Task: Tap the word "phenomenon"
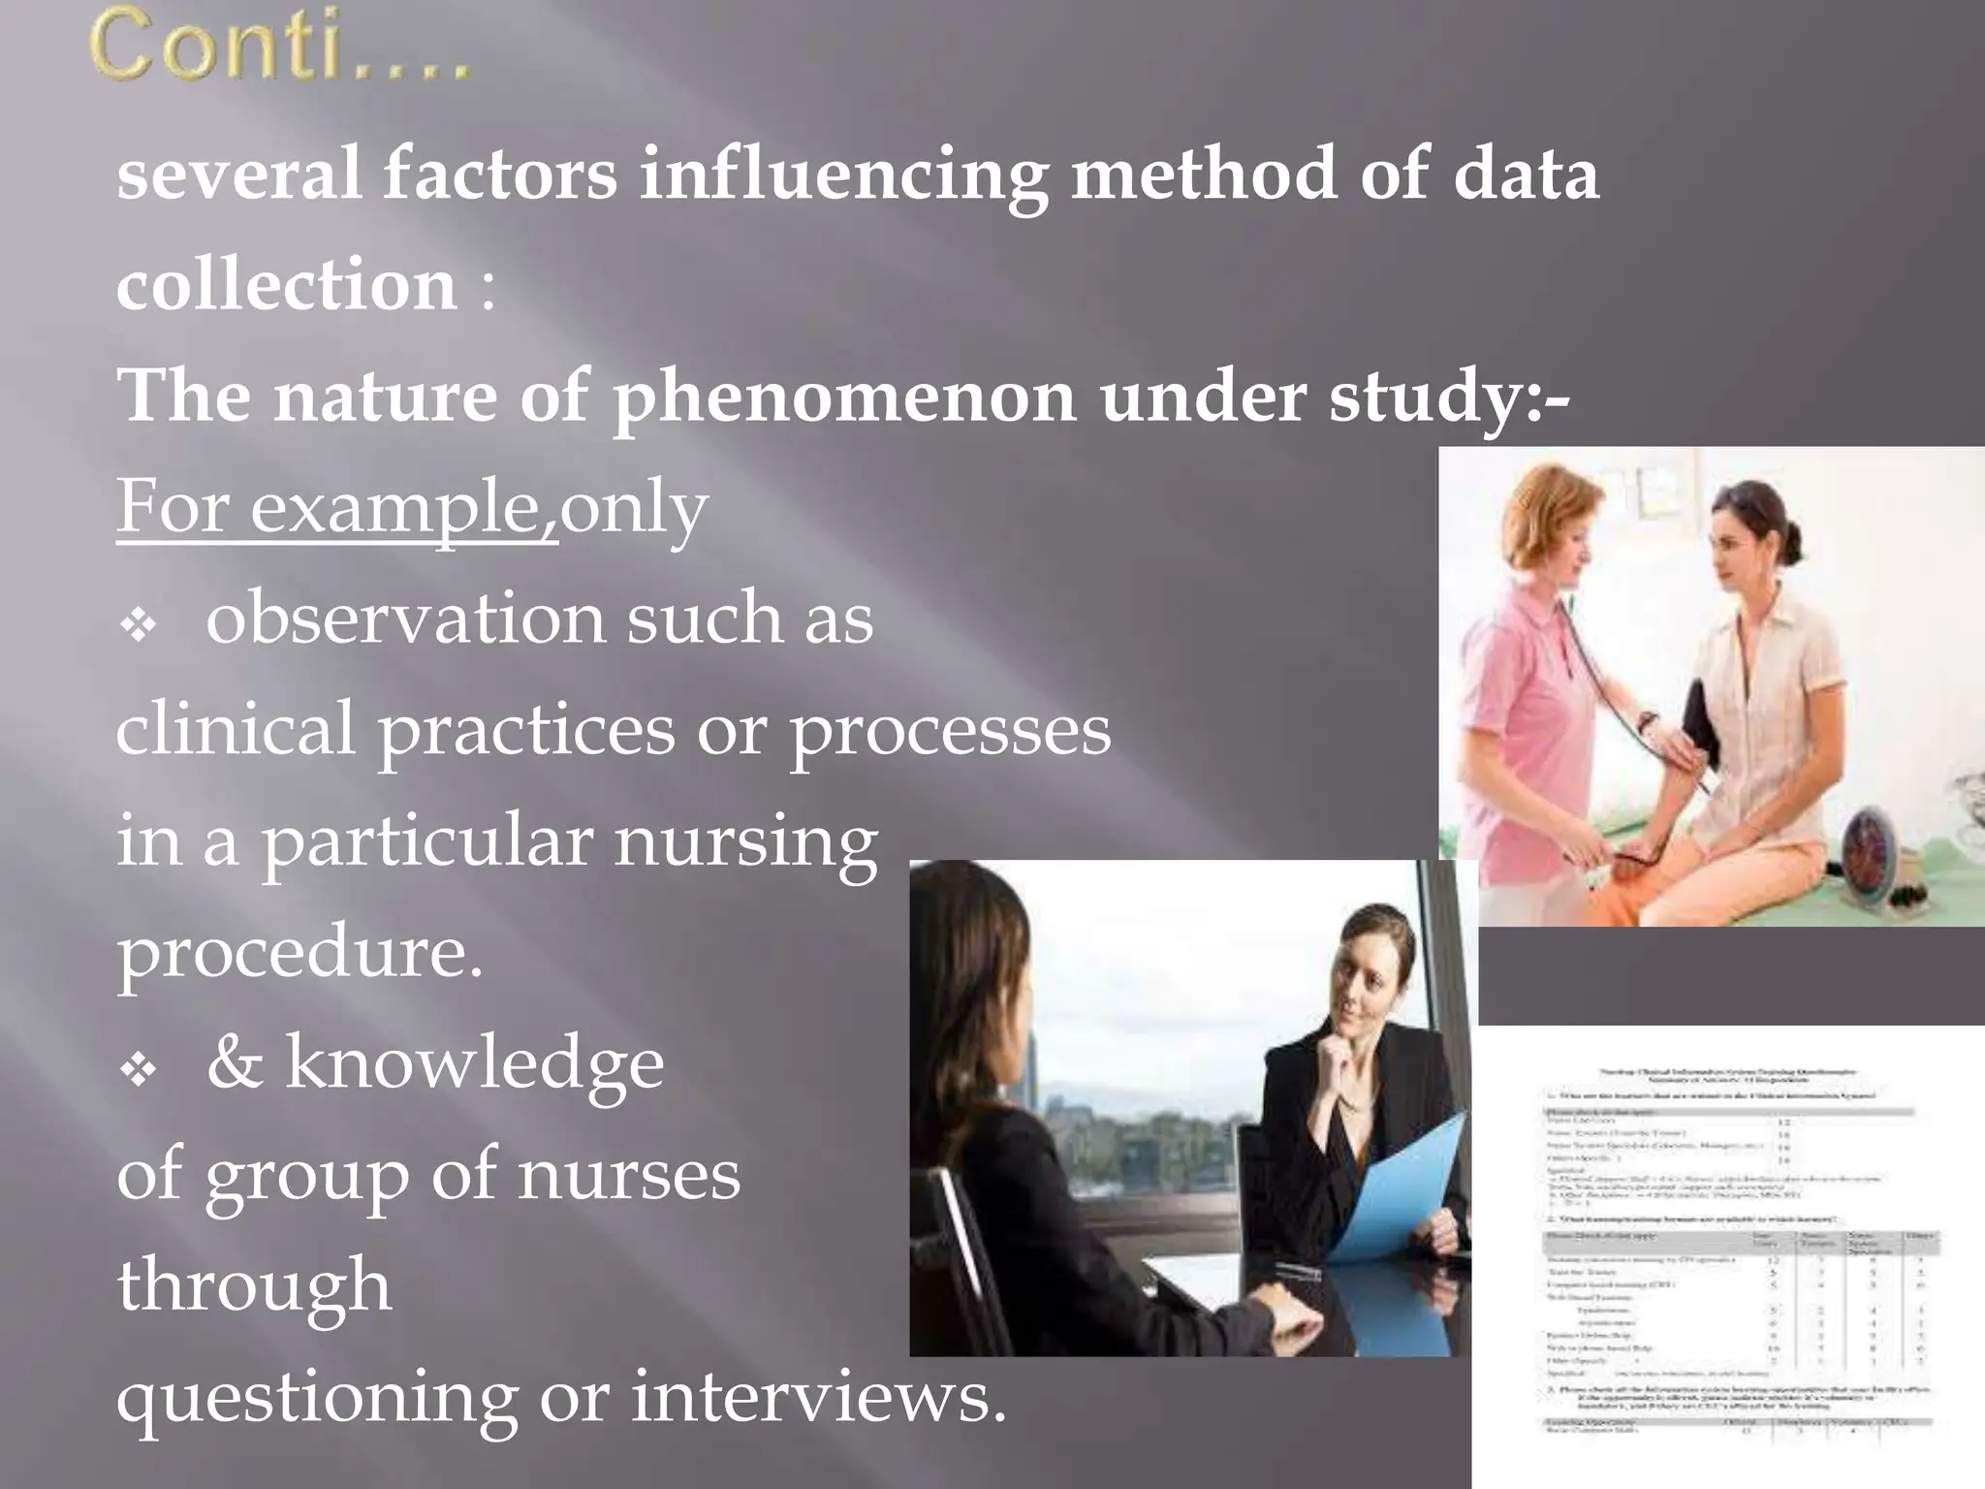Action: click(844, 397)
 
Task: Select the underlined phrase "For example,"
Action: click(336, 507)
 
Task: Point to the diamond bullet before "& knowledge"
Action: click(139, 1069)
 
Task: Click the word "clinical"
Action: click(236, 729)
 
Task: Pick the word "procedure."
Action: click(299, 952)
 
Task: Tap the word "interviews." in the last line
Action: click(819, 1397)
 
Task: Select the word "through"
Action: click(254, 1284)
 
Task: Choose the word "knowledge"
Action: click(474, 1063)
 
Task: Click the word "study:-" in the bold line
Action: click(1448, 397)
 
